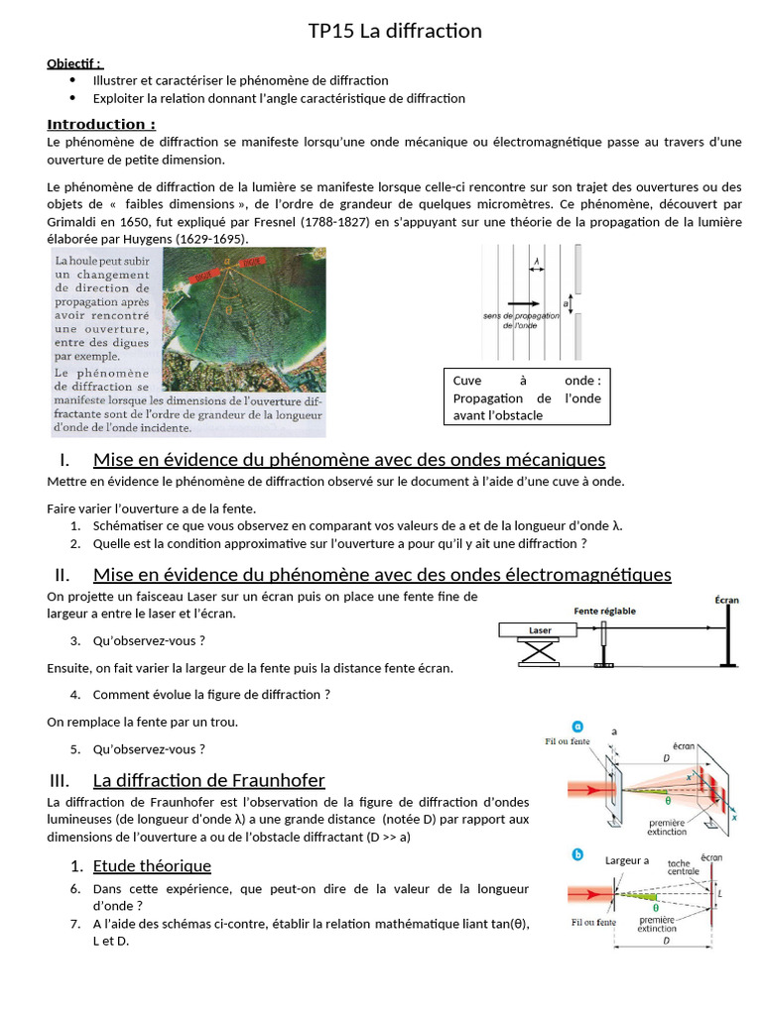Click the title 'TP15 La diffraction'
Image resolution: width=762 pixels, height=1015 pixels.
[395, 31]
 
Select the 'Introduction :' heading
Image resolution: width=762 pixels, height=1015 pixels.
[101, 124]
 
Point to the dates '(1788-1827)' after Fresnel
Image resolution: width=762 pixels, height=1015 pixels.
[322, 223]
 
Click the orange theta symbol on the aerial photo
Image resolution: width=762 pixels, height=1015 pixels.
[227, 309]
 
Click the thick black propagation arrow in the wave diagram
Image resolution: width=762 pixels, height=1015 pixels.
[523, 303]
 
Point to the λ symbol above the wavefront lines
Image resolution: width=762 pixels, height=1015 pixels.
[537, 264]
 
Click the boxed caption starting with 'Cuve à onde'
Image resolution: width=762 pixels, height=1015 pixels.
[526, 396]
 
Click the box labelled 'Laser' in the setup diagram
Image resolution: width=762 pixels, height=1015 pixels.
[541, 630]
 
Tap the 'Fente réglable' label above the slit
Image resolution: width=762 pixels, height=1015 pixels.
[605, 611]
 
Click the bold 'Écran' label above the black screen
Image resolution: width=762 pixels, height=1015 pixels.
[727, 601]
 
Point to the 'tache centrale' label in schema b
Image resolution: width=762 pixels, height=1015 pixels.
[684, 867]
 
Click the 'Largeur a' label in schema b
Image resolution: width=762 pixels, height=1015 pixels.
[627, 860]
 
